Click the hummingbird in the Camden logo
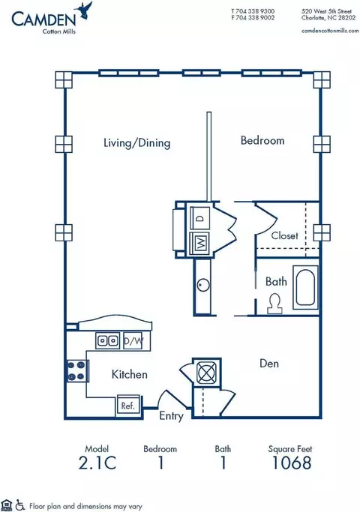84,10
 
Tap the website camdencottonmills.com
330,31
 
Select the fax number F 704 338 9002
253,18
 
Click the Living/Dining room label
137,143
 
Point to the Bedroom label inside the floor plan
262,140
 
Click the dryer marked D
200,218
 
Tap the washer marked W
200,243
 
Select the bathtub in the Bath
305,287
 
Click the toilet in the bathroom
274,304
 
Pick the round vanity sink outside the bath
203,285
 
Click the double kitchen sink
107,341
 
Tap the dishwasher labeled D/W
133,341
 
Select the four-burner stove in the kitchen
77,371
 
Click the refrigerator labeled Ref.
128,406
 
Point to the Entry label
171,416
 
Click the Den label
269,364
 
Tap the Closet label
284,235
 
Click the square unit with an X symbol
206,372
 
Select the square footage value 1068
292,463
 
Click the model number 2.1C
97,463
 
